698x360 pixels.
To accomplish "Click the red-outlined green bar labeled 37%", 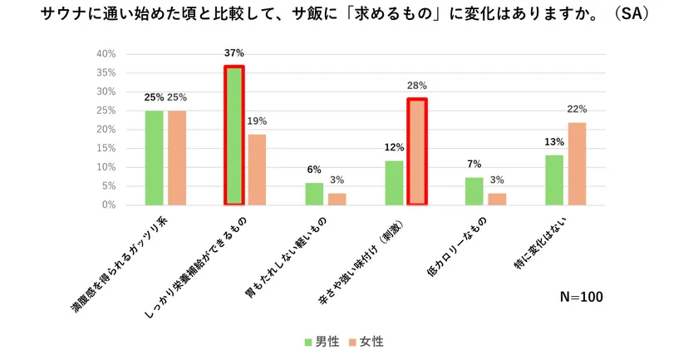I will click(x=234, y=136).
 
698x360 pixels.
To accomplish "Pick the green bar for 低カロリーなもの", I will click(x=474, y=191).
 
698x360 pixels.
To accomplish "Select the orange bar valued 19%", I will click(x=256, y=170).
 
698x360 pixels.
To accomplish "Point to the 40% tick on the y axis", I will click(x=106, y=54).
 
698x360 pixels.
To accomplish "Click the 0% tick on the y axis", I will click(x=109, y=205).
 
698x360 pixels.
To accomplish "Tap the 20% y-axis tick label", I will click(x=106, y=130).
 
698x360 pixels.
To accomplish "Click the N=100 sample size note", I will click(x=581, y=297).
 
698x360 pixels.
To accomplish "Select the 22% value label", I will click(x=578, y=109).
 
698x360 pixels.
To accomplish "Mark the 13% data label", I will click(x=553, y=141).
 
